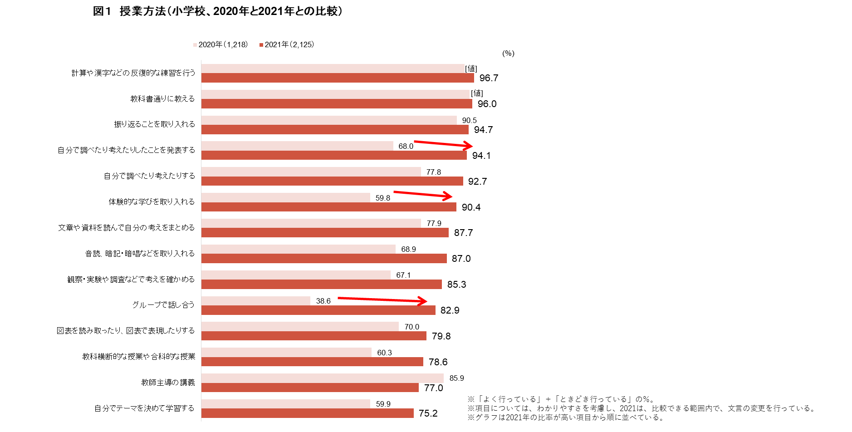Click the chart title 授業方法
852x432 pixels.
coord(217,11)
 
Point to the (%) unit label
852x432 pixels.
coord(508,54)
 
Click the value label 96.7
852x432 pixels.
coord(489,78)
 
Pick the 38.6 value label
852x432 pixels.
coord(323,301)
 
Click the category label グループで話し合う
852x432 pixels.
coord(163,305)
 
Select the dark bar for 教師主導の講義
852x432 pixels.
coord(310,388)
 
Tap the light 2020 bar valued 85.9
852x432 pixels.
coord(322,378)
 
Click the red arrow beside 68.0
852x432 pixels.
coord(443,144)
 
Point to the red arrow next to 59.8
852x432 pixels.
coord(423,195)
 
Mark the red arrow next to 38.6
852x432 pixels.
coord(382,299)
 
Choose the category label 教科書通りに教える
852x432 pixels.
coord(162,99)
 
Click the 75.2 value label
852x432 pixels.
coord(428,413)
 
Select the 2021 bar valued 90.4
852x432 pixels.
coord(328,207)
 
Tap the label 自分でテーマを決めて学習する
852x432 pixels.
coord(144,408)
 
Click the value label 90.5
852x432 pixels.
coord(469,120)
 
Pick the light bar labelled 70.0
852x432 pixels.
coord(300,326)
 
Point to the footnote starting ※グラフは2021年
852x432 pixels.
coord(565,417)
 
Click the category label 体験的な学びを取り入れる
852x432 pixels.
coord(152,202)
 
